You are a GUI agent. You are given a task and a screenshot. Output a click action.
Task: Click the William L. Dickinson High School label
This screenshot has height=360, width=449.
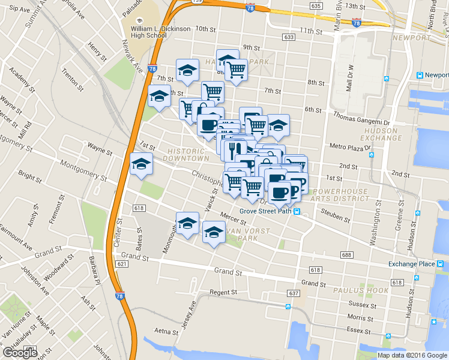[x=152, y=31]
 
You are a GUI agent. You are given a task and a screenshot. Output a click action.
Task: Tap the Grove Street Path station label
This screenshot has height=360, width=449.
[x=265, y=211]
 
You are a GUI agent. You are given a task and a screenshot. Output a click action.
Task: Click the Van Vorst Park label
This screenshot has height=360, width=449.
[x=237, y=234]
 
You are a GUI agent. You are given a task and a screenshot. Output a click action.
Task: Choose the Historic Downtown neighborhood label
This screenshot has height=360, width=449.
[x=188, y=154]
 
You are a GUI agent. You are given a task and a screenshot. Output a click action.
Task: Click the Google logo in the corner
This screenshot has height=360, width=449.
[x=20, y=353]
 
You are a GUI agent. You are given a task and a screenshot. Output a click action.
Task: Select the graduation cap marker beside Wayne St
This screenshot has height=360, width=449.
[x=141, y=164]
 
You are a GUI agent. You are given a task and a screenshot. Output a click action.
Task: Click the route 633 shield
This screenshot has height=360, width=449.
[x=290, y=37]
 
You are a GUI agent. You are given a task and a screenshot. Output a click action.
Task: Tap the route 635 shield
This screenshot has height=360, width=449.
[x=316, y=5]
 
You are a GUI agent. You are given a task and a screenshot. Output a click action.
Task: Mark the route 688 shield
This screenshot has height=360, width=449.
[x=346, y=255]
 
